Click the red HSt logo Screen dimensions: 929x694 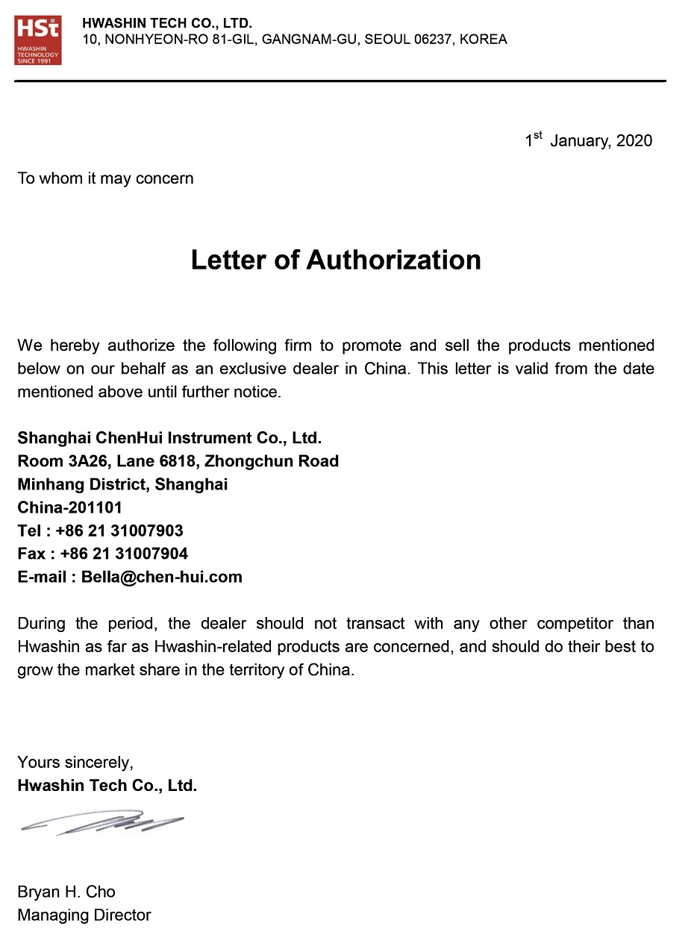tap(38, 40)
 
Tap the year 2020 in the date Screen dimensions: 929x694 tap(634, 141)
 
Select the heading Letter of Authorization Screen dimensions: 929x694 tap(336, 260)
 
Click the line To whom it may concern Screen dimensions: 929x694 tap(105, 178)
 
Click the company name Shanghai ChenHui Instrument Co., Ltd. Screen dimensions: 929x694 tap(169, 438)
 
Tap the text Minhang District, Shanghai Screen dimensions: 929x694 tap(122, 484)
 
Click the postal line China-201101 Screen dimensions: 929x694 tap(69, 507)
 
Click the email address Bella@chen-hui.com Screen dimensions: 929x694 tap(162, 577)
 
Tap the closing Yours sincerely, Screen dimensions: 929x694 tap(75, 763)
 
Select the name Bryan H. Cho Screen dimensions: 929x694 tap(66, 892)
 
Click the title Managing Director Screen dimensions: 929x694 tap(84, 915)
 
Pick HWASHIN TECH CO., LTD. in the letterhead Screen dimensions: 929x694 tap(167, 24)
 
